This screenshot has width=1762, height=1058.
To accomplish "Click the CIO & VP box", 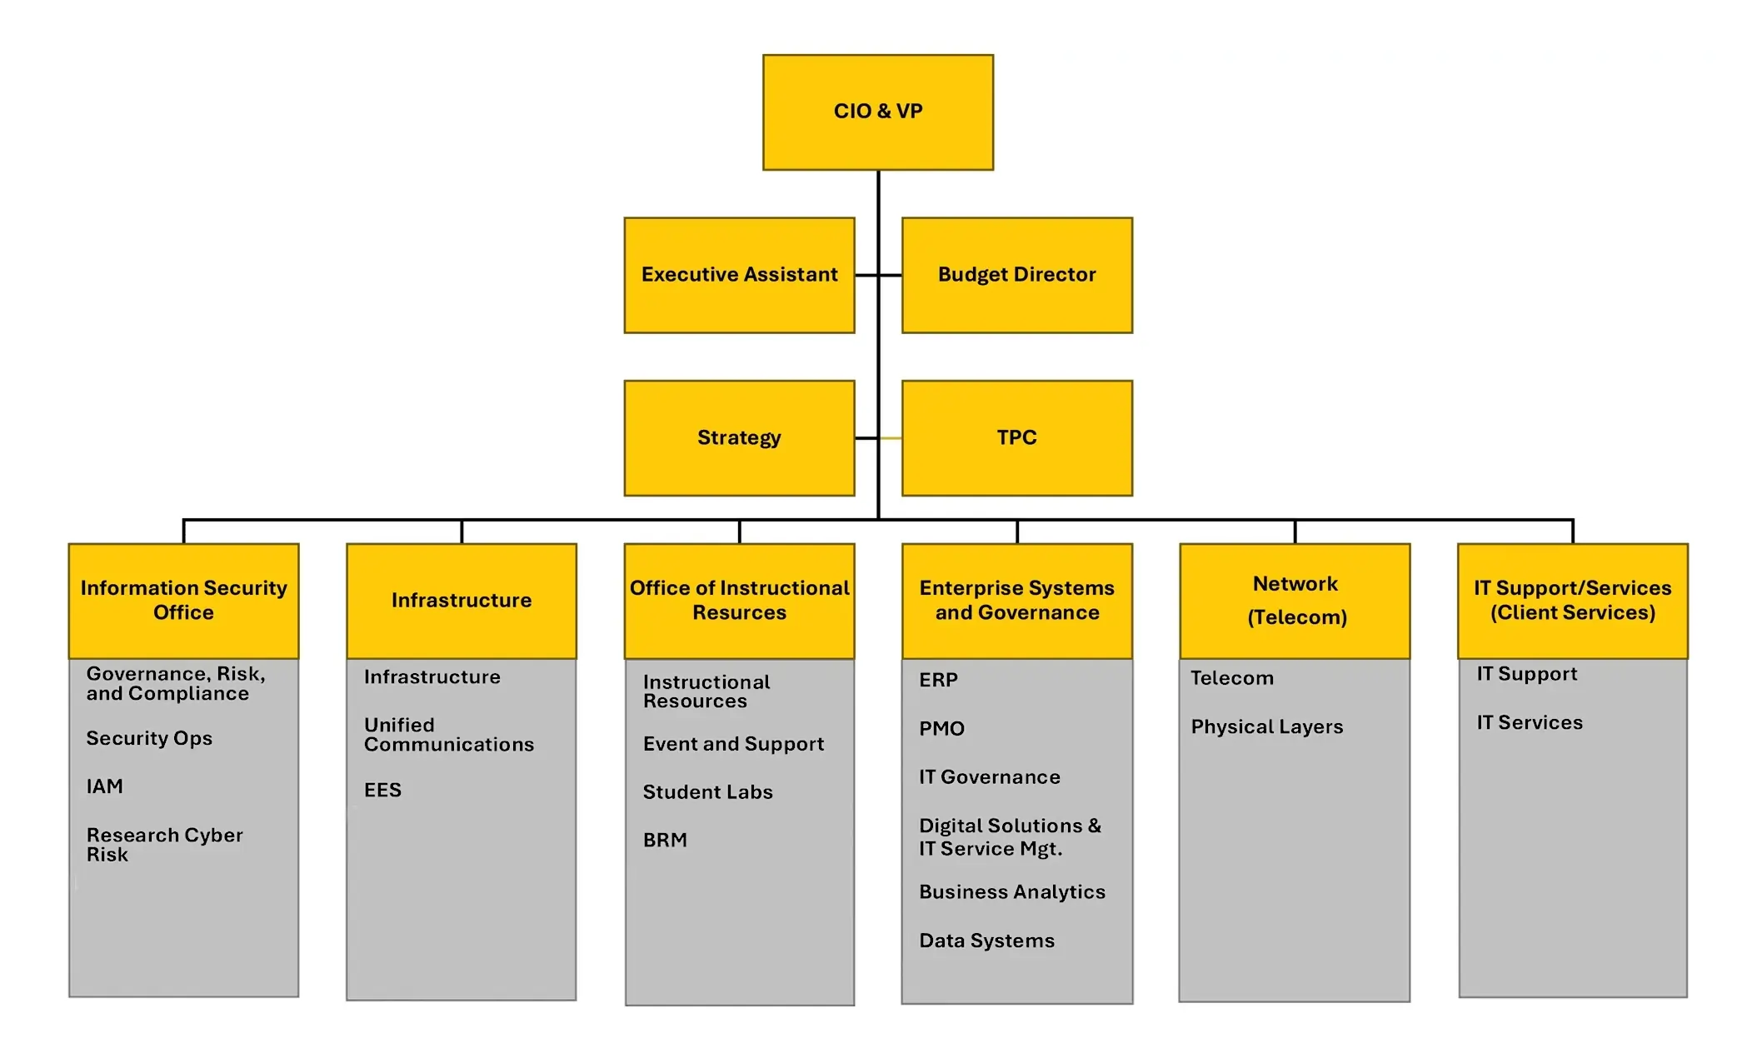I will coord(877,112).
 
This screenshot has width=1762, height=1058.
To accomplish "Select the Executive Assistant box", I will coord(739,275).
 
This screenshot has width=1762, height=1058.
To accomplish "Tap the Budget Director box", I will coord(1016,275).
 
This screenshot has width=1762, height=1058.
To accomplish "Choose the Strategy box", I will coord(739,438).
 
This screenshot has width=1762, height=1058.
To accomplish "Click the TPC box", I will coord(1016,438).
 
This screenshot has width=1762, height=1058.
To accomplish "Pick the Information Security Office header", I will coord(183,601).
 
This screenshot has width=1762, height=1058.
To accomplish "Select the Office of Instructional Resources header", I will coord(739,601).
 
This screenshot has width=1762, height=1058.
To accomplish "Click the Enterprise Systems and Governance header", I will coord(1016,601).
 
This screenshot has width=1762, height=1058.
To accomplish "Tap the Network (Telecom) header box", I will coord(1295,601).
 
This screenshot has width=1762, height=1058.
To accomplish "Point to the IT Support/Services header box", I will coord(1572,601).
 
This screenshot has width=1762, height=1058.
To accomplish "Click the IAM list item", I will coord(105,786).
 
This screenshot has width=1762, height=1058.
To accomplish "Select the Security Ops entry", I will coord(149,738).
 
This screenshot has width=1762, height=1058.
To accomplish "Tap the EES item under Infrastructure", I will coord(382,790).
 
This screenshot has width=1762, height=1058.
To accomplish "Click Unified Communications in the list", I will coord(448,735).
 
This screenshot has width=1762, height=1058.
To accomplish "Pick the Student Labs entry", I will coord(707,792).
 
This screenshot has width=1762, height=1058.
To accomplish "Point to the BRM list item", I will coord(665,841).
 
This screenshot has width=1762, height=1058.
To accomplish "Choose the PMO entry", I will coord(941,729).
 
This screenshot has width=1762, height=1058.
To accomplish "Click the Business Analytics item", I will coord(1011,892).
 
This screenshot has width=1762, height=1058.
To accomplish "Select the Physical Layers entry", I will coord(1266,727).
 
